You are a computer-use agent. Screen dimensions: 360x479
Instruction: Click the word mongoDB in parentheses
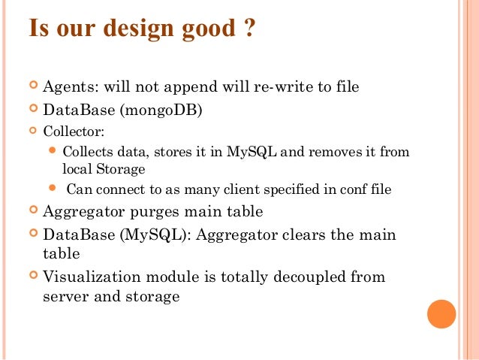tap(165, 110)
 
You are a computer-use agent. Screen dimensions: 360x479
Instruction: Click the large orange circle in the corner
tap(441, 313)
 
